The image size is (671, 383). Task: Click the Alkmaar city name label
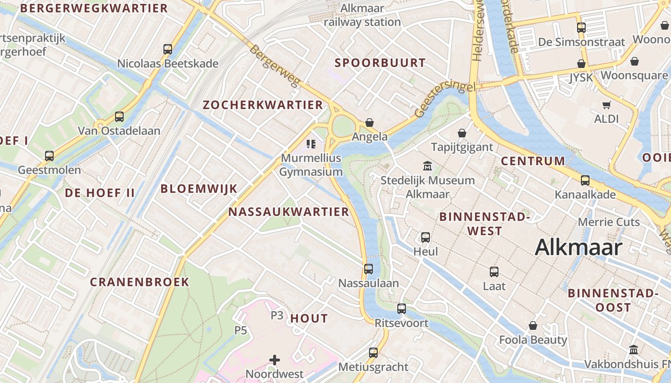point(578,248)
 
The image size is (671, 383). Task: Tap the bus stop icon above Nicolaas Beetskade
point(168,49)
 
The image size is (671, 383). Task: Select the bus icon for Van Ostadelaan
point(119,116)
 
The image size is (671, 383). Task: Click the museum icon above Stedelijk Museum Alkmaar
point(427,166)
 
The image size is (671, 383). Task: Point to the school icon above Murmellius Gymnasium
point(311,144)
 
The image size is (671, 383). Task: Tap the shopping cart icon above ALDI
point(607,105)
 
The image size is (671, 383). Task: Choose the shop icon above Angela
point(370,123)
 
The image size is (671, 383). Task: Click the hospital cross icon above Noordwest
point(275,360)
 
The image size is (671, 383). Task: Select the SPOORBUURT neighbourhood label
point(380,63)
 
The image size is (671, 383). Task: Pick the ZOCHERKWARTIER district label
point(263,105)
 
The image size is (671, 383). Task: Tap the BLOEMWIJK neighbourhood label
point(199,189)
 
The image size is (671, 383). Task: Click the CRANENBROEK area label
point(139,282)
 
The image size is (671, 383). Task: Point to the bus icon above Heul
point(425,237)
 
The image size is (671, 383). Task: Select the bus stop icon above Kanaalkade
point(585,180)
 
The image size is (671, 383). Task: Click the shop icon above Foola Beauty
point(533,326)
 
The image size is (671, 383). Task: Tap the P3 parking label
point(277,315)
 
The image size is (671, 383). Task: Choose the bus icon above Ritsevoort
point(402,309)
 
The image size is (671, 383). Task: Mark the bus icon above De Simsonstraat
point(581,28)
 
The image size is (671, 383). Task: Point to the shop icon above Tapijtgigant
point(462,133)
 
